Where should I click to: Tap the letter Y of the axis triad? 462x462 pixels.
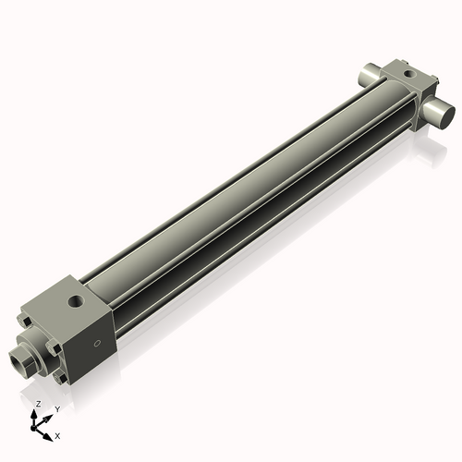(x=56, y=408)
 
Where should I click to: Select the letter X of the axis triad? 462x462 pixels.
(x=58, y=434)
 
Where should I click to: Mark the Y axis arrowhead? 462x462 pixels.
(x=48, y=415)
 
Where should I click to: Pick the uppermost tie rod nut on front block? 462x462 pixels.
(x=29, y=322)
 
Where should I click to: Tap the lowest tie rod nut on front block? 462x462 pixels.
(x=61, y=378)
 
